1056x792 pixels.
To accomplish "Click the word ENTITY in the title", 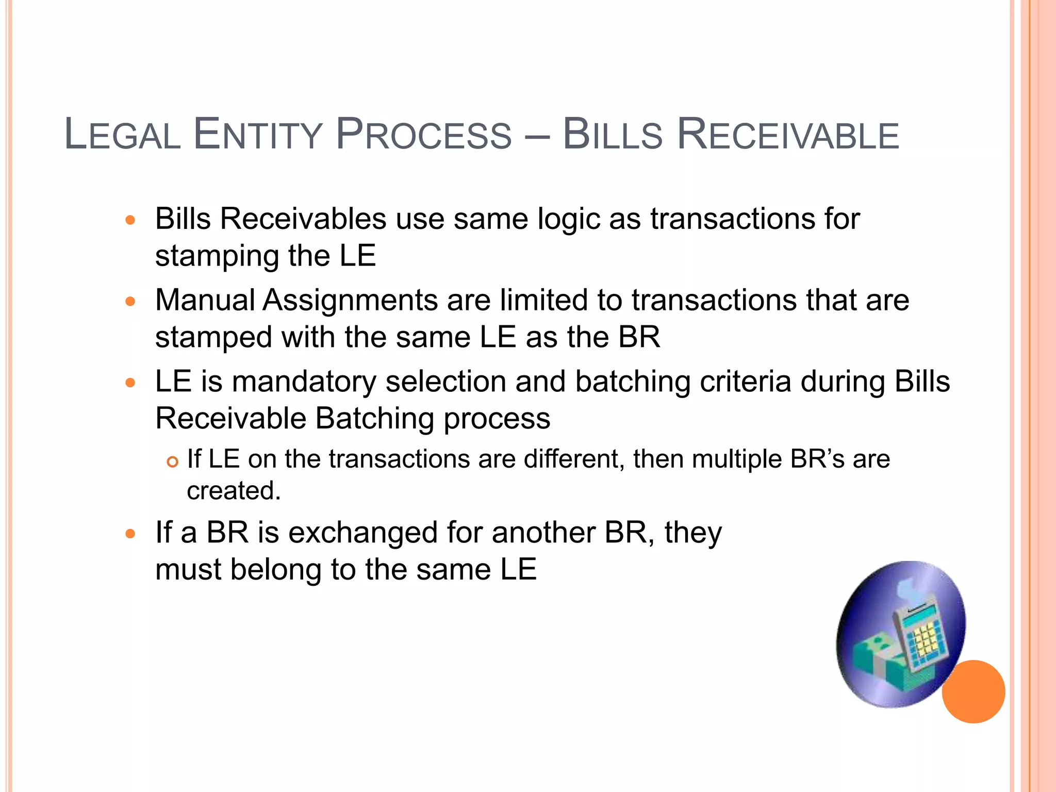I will tap(257, 135).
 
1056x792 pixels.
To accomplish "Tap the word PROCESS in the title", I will tap(423, 135).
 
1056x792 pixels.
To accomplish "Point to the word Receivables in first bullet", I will tap(303, 219).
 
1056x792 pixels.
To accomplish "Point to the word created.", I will tap(234, 490).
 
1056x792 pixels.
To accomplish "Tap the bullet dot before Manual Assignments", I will tap(130, 301).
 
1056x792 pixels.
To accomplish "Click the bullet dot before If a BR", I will tap(130, 534).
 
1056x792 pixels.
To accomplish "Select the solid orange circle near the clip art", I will tap(973, 691).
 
